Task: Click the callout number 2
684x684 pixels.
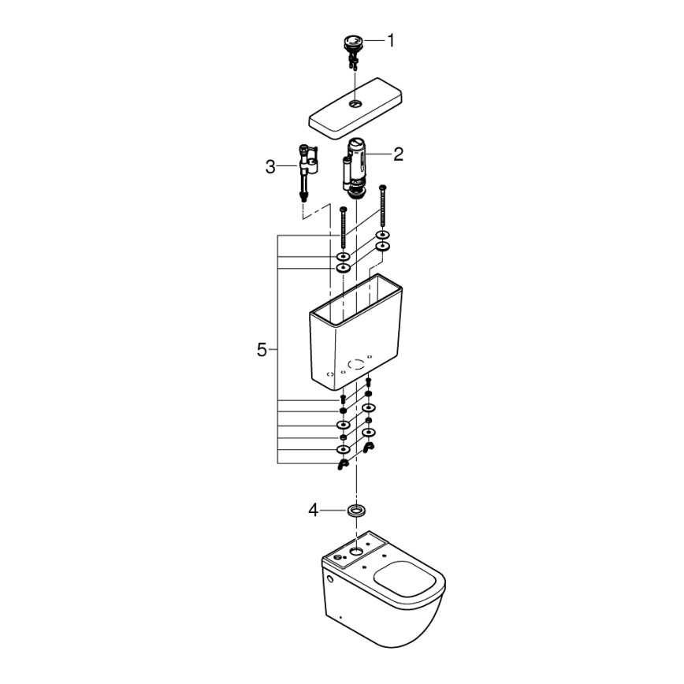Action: pos(398,154)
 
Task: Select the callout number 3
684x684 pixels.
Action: pos(270,166)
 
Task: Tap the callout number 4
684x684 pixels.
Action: pos(314,511)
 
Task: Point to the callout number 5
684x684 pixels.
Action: pos(262,349)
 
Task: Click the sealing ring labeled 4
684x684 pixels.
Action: pos(356,511)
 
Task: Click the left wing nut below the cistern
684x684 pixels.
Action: pos(343,465)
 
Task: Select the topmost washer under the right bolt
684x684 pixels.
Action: pos(382,235)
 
